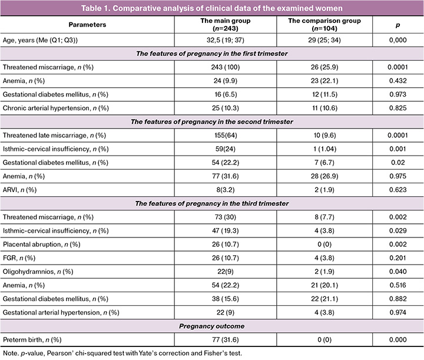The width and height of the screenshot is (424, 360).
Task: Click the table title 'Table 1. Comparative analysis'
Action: point(212,8)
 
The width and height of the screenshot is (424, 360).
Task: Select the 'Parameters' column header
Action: point(87,25)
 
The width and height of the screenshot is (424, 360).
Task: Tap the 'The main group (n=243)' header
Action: point(225,24)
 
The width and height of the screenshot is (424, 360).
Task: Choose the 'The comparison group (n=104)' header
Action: point(324,24)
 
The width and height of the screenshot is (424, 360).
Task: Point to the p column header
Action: point(397,25)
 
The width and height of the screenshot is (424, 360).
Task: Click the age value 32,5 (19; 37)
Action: point(225,40)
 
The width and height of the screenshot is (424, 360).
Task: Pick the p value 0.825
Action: point(397,108)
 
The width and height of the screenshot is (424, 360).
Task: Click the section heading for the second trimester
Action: point(212,121)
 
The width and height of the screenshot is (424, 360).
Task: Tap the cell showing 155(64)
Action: point(226,136)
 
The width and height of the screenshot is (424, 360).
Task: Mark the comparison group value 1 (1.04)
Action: point(324,148)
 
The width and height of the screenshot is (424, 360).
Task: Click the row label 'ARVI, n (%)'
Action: point(19,190)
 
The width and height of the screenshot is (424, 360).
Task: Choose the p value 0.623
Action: point(397,190)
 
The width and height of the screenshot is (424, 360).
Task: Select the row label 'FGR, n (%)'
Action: point(19,257)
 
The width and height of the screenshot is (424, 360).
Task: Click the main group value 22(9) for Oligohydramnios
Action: point(225,272)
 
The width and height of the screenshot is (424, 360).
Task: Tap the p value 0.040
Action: point(397,272)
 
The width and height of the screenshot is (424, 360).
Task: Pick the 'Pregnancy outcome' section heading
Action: point(212,326)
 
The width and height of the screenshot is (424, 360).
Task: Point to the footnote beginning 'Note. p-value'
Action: point(122,353)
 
